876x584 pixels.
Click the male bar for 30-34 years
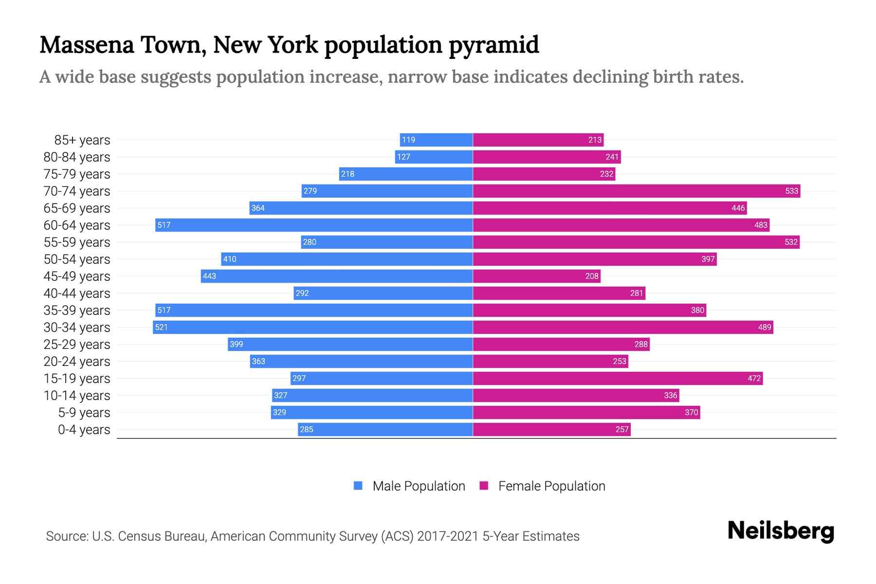(313, 327)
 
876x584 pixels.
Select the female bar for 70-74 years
(637, 191)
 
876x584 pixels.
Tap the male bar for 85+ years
(436, 140)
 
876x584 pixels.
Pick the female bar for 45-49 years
(537, 276)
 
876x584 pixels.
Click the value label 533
(791, 191)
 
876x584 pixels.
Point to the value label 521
(161, 327)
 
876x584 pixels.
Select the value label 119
(408, 140)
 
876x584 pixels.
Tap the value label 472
(754, 378)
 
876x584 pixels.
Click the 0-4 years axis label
(84, 430)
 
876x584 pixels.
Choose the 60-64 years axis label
(77, 225)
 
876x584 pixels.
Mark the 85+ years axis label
(82, 140)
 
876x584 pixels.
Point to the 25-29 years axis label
(77, 345)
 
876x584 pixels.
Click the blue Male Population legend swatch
(358, 486)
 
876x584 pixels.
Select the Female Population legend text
(551, 486)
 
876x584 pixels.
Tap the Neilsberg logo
(781, 531)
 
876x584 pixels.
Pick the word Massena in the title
(87, 44)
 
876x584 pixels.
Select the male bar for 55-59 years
(387, 242)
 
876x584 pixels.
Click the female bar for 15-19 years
(618, 378)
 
